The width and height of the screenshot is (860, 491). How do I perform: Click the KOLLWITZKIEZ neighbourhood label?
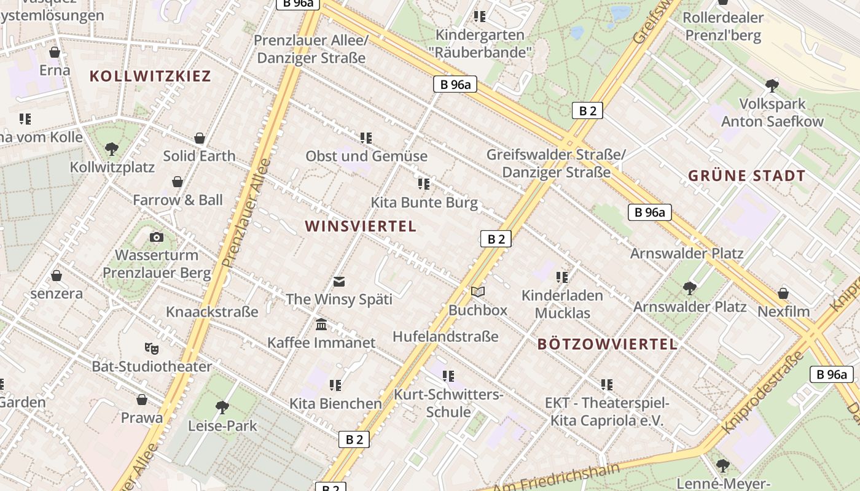[x=150, y=76]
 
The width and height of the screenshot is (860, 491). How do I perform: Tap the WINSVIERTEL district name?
[x=361, y=226]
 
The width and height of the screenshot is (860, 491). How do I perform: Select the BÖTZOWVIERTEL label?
[x=608, y=344]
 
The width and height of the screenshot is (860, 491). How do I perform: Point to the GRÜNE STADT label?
[x=746, y=176]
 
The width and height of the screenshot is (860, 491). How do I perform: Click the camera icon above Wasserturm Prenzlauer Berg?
[x=157, y=238]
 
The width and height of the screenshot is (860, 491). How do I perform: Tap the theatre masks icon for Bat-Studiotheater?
[x=151, y=349]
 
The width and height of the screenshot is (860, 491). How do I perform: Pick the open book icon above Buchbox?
[x=478, y=292]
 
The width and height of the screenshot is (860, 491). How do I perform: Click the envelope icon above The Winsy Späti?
[x=339, y=282]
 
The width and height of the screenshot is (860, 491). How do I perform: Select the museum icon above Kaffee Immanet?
[x=321, y=325]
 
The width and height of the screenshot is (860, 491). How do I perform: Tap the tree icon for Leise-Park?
[x=222, y=408]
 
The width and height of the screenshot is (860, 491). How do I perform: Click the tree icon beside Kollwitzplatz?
[x=111, y=149]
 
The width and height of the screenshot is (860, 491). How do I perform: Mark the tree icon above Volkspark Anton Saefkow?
[x=772, y=86]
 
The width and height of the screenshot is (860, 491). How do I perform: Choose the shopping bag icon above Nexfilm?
[x=783, y=293]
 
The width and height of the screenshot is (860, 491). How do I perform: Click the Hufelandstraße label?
[x=445, y=336]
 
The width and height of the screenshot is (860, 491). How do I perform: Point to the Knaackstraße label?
[x=212, y=312]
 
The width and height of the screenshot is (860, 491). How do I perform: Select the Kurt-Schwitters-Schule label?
[x=448, y=403]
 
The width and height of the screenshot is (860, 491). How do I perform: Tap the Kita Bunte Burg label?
[x=424, y=203]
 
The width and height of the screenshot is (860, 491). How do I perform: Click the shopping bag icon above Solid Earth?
[x=199, y=138]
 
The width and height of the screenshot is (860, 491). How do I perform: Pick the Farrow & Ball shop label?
[x=178, y=200]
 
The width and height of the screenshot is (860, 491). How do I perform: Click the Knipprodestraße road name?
[x=764, y=393]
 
